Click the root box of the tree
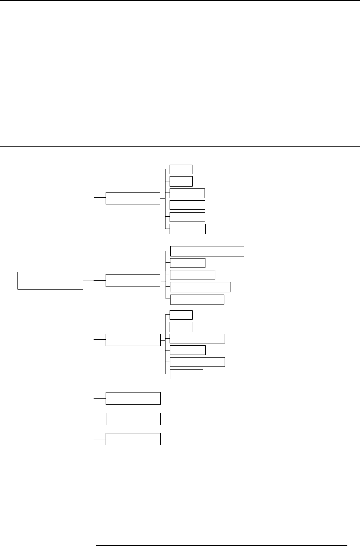(50, 280)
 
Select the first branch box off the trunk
(133, 198)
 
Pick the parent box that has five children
(133, 280)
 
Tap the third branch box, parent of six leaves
(133, 340)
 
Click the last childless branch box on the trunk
(133, 439)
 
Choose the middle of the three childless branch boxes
(133, 419)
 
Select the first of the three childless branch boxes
(133, 398)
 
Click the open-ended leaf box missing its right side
(207, 251)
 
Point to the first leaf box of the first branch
(181, 169)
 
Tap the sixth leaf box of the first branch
(187, 229)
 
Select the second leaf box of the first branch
(181, 181)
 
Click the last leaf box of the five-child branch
(197, 300)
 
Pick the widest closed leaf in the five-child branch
(200, 287)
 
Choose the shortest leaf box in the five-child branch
(187, 263)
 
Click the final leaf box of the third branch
(186, 374)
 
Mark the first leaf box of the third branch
(181, 315)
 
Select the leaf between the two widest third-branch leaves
(187, 350)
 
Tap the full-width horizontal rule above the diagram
(180, 146)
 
